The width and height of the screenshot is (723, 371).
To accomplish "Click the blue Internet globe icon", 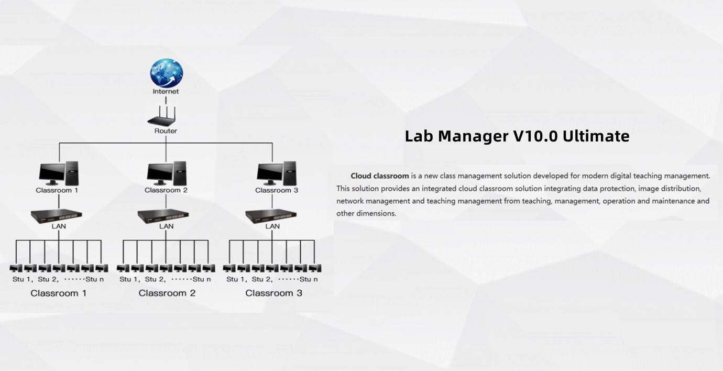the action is click(166, 73).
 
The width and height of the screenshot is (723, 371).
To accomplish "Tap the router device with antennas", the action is click(162, 116).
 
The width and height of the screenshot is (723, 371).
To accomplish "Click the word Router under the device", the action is click(166, 131).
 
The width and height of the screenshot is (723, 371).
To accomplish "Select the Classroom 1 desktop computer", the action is click(59, 173).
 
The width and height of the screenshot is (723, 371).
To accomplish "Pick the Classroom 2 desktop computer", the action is click(167, 173).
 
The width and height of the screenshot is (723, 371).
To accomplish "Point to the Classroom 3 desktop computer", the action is click(277, 173).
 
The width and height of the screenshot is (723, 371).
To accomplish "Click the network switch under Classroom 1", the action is click(57, 216).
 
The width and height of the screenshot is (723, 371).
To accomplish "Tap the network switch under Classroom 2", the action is click(163, 216).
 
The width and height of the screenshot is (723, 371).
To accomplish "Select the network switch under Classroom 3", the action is click(271, 216).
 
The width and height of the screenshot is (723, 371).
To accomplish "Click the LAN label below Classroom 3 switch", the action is click(272, 226).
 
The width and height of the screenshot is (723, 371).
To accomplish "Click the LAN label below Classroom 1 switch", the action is click(59, 226).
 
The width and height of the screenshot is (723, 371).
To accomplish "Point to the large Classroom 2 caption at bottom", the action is click(167, 293).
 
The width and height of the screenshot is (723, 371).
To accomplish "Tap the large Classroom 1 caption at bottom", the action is click(59, 293).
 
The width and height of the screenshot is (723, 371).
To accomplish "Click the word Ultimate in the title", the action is click(596, 136).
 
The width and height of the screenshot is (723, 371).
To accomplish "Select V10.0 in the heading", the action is click(535, 136).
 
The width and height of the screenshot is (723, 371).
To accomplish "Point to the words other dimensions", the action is click(366, 213).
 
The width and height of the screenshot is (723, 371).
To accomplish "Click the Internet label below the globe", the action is click(166, 91).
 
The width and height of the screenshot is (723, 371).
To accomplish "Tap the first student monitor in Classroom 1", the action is click(16, 268).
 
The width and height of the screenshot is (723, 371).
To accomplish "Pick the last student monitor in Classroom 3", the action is click(315, 268).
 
